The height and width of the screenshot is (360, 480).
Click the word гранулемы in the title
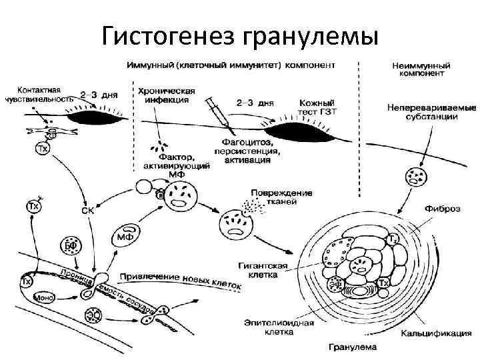[313, 34]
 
